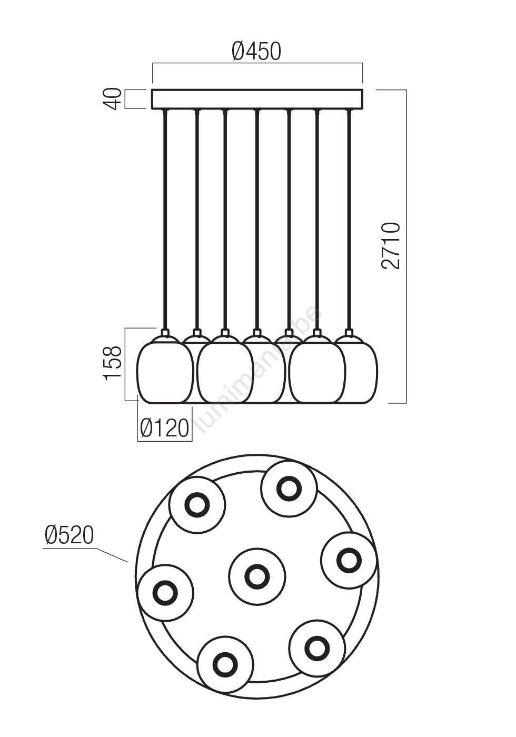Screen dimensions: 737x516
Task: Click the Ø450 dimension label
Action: pyautogui.click(x=256, y=52)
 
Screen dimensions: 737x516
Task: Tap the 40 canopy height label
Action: pyautogui.click(x=112, y=99)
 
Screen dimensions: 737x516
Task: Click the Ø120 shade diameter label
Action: pyautogui.click(x=164, y=428)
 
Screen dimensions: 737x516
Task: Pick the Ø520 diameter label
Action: pyautogui.click(x=69, y=535)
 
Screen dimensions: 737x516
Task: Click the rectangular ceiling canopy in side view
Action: pyautogui.click(x=257, y=99)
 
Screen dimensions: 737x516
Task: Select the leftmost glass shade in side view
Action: pyautogui.click(x=165, y=371)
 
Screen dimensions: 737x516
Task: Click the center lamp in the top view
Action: pyautogui.click(x=257, y=575)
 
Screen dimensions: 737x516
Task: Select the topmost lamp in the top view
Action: pyautogui.click(x=289, y=488)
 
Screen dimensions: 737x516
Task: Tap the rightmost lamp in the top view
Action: pyautogui.click(x=349, y=560)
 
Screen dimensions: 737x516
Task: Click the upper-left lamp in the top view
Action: pyautogui.click(x=197, y=505)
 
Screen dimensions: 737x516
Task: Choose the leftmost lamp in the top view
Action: pyautogui.click(x=165, y=592)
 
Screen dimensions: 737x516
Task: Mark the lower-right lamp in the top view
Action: pyautogui.click(x=317, y=647)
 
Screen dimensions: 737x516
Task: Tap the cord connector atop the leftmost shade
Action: pyautogui.click(x=165, y=333)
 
